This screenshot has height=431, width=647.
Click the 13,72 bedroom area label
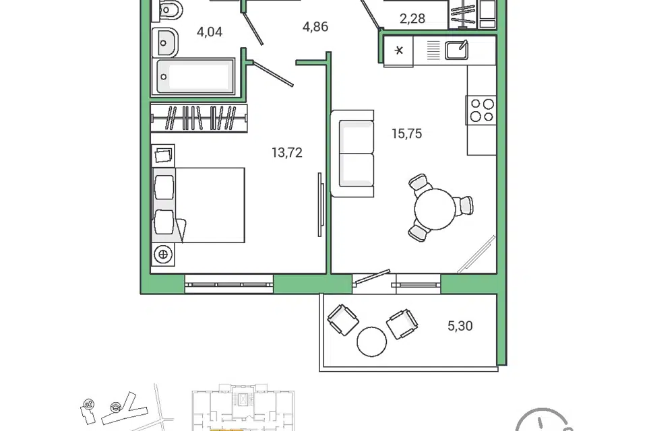[287, 153]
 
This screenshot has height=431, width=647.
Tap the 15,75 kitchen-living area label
[407, 133]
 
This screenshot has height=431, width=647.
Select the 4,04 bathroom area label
[210, 32]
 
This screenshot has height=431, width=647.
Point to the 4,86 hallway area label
[315, 27]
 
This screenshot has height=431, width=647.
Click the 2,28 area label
[412, 19]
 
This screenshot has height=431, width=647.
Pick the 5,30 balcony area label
[460, 326]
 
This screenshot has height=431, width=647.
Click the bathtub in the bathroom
[193, 77]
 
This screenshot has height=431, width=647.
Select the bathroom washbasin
[164, 42]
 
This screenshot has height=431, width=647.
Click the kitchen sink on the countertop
[456, 51]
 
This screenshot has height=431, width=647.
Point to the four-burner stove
[481, 110]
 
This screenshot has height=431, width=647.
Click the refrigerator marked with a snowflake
[398, 51]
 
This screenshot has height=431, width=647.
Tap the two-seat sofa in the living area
[352, 154]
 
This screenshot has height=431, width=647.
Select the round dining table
[435, 209]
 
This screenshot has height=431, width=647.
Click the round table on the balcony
[372, 341]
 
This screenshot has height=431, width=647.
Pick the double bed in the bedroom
[198, 205]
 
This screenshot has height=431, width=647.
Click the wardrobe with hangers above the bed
[199, 119]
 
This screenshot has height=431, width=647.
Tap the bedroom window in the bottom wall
[229, 284]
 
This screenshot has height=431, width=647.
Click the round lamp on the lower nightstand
[163, 255]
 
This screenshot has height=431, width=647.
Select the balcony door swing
[372, 277]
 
